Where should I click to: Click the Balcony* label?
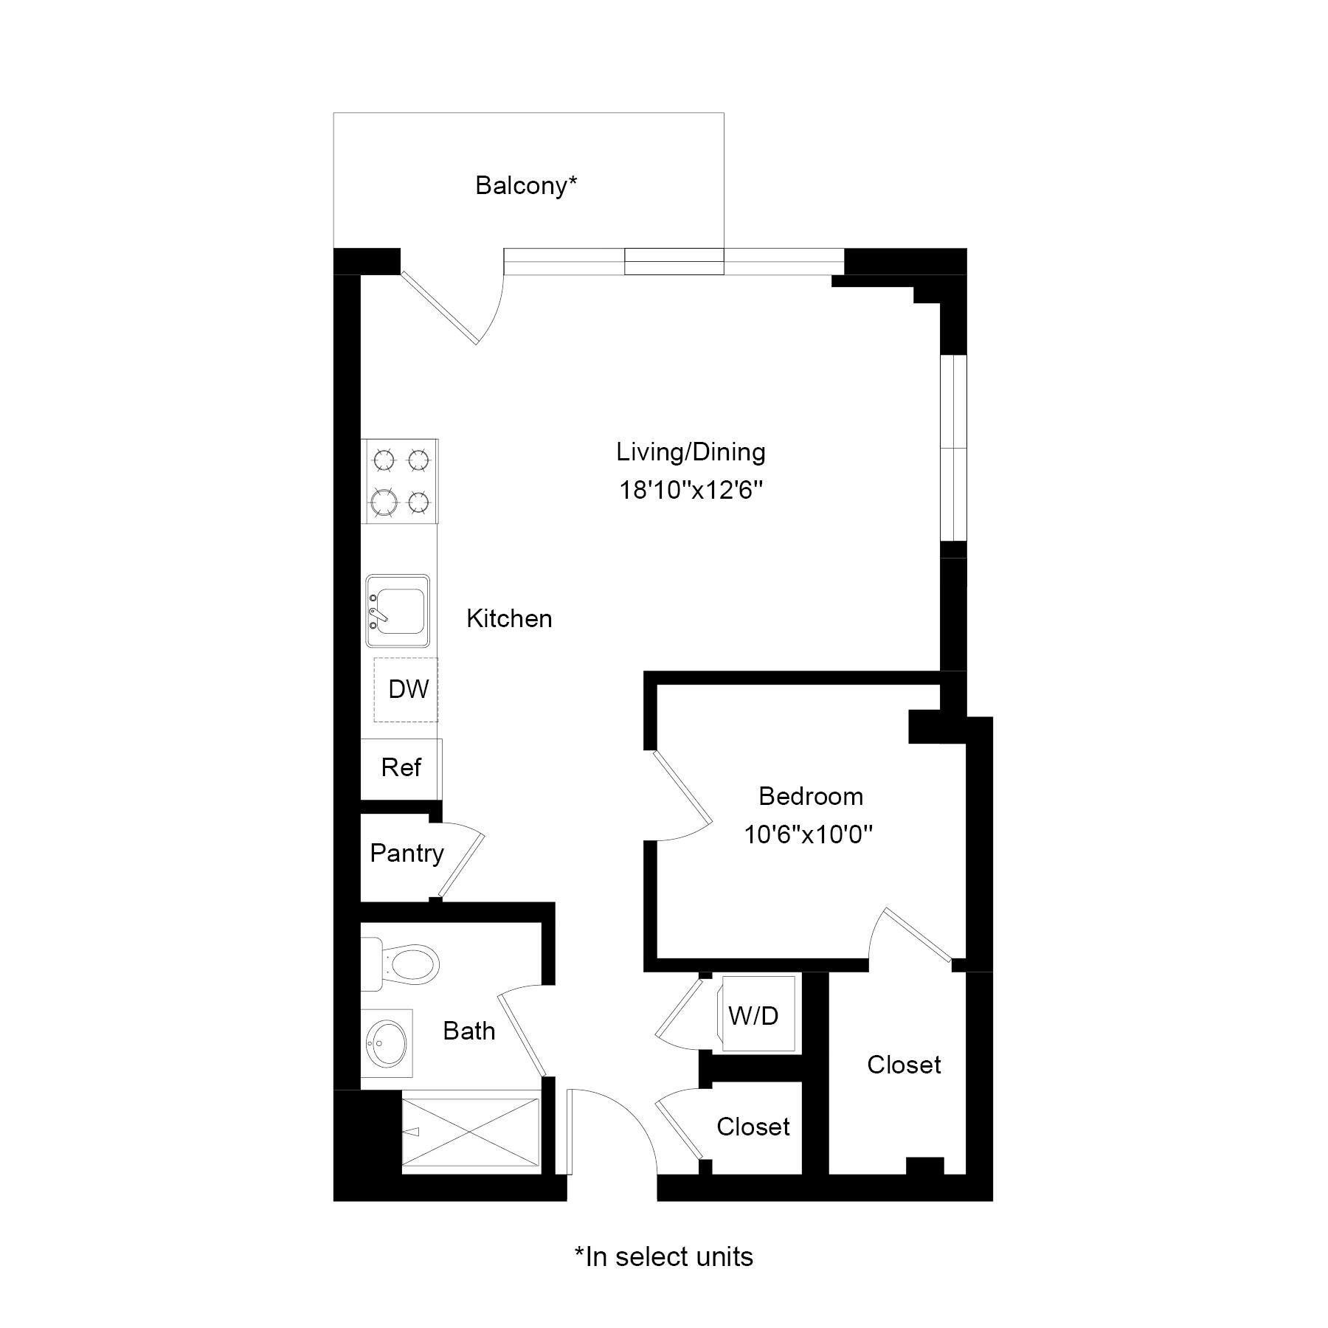[525, 185]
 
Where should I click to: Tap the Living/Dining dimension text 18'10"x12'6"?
[690, 490]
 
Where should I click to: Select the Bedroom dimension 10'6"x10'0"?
[808, 834]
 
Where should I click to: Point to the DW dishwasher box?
[407, 690]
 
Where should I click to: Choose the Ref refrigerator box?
[401, 768]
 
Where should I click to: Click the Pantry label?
[407, 854]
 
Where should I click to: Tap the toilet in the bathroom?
[402, 964]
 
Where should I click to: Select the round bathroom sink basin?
[387, 1043]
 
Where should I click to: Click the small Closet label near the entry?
[753, 1127]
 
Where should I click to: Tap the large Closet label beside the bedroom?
[904, 1065]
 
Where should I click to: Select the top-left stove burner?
[384, 460]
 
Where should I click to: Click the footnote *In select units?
[664, 1256]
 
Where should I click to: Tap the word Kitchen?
[509, 618]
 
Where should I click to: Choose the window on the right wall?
[953, 449]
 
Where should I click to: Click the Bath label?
[468, 1031]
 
